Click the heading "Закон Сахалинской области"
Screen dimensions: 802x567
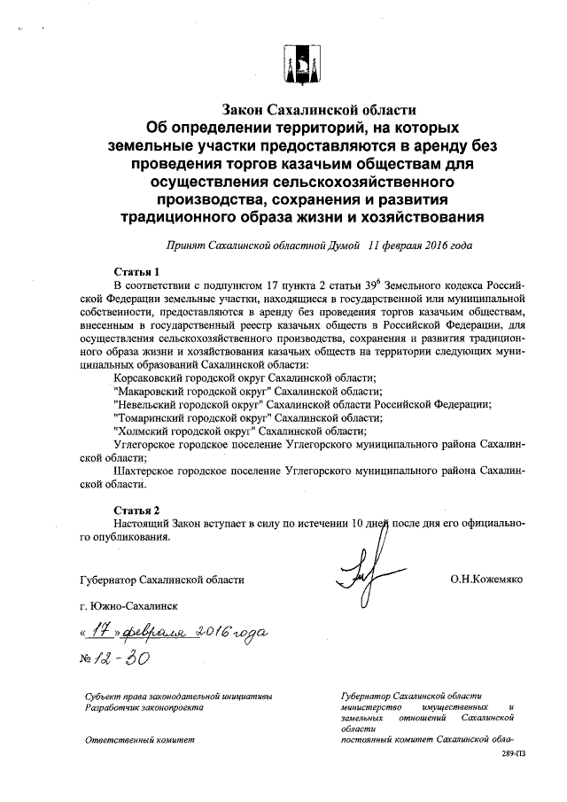(319, 110)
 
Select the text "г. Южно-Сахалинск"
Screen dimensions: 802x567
(128, 607)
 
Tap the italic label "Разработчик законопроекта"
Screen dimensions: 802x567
(143, 708)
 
